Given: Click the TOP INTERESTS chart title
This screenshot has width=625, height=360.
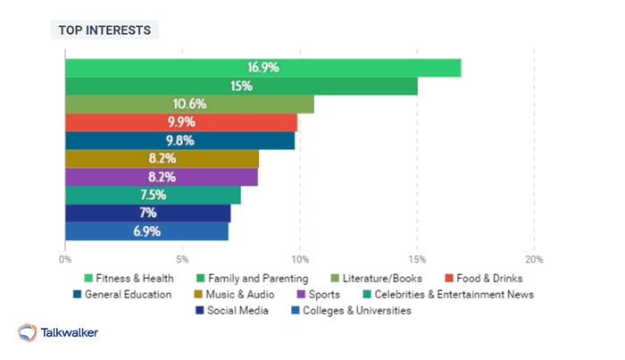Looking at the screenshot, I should pyautogui.click(x=104, y=30).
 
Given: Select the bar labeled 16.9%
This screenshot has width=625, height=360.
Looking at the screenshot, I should pyautogui.click(x=262, y=68).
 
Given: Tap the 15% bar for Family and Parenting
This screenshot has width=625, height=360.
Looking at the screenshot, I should pyautogui.click(x=241, y=86).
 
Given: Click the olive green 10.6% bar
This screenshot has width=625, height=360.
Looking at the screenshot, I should pyautogui.click(x=189, y=105).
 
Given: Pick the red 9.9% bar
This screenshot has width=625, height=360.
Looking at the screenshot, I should pyautogui.click(x=181, y=122).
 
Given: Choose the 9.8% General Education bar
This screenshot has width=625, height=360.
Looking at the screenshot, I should pyautogui.click(x=179, y=140).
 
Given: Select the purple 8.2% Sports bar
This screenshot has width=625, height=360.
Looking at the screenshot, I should pyautogui.click(x=162, y=177).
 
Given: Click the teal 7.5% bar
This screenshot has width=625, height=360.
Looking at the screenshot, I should pyautogui.click(x=153, y=195).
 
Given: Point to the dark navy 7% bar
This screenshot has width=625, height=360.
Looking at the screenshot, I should pyautogui.click(x=147, y=213).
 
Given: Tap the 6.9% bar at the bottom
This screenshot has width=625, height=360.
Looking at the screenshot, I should pyautogui.click(x=146, y=231).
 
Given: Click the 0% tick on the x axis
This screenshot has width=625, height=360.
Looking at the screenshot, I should pyautogui.click(x=65, y=259).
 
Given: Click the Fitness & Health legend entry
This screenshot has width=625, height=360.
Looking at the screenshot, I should pyautogui.click(x=129, y=279).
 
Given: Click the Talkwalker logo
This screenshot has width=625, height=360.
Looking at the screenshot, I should pyautogui.click(x=59, y=332).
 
